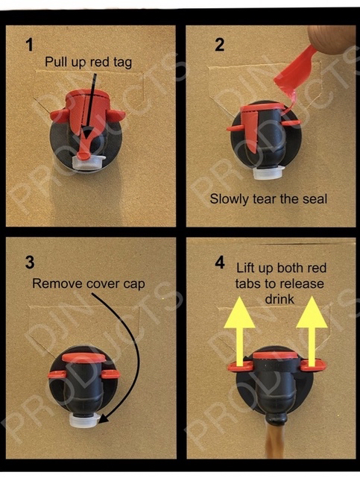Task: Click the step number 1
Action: click(29, 45)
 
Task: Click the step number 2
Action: click(220, 45)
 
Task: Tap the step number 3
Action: click(30, 262)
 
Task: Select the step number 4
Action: click(220, 262)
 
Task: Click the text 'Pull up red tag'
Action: click(88, 62)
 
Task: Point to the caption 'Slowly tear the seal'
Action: click(268, 199)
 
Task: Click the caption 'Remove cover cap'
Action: click(88, 284)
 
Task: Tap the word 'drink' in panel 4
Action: click(280, 299)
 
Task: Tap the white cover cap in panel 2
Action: click(268, 172)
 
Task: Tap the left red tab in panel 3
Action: click(57, 374)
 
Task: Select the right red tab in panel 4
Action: click(313, 365)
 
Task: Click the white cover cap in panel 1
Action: click(88, 163)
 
